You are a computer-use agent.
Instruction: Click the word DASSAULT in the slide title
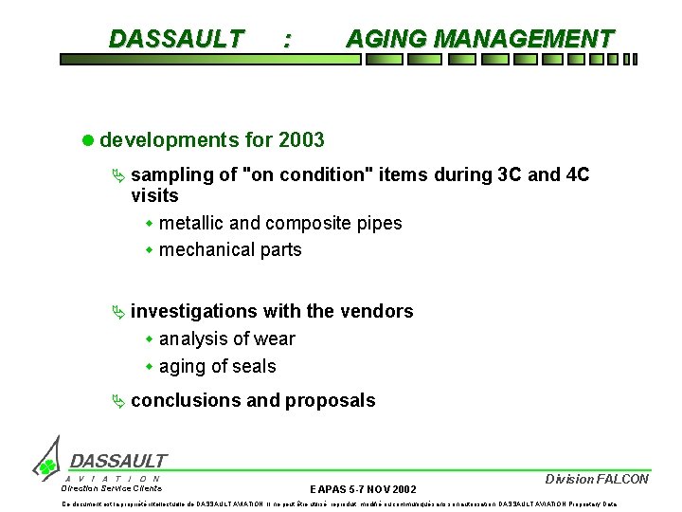click(176, 39)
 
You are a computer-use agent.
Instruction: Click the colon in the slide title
click(288, 40)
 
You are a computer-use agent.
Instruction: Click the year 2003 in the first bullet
click(302, 140)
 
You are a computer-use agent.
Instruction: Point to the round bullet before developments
click(88, 140)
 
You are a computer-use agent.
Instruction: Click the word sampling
click(169, 174)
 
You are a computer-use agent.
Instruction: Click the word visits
click(154, 195)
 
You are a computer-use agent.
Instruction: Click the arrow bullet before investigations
click(117, 311)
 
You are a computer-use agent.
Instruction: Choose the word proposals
click(332, 400)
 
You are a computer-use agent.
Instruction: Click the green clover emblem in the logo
click(45, 466)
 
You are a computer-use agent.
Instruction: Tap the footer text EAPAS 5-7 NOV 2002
click(363, 488)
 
